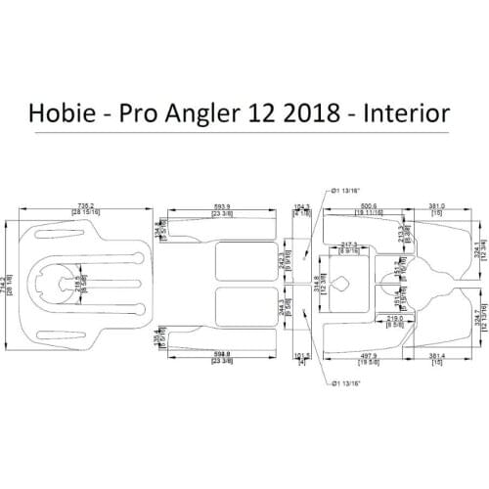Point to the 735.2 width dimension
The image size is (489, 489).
87,206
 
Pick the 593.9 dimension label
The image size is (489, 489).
222,206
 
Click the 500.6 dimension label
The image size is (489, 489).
367,206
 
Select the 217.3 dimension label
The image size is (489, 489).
347,244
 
